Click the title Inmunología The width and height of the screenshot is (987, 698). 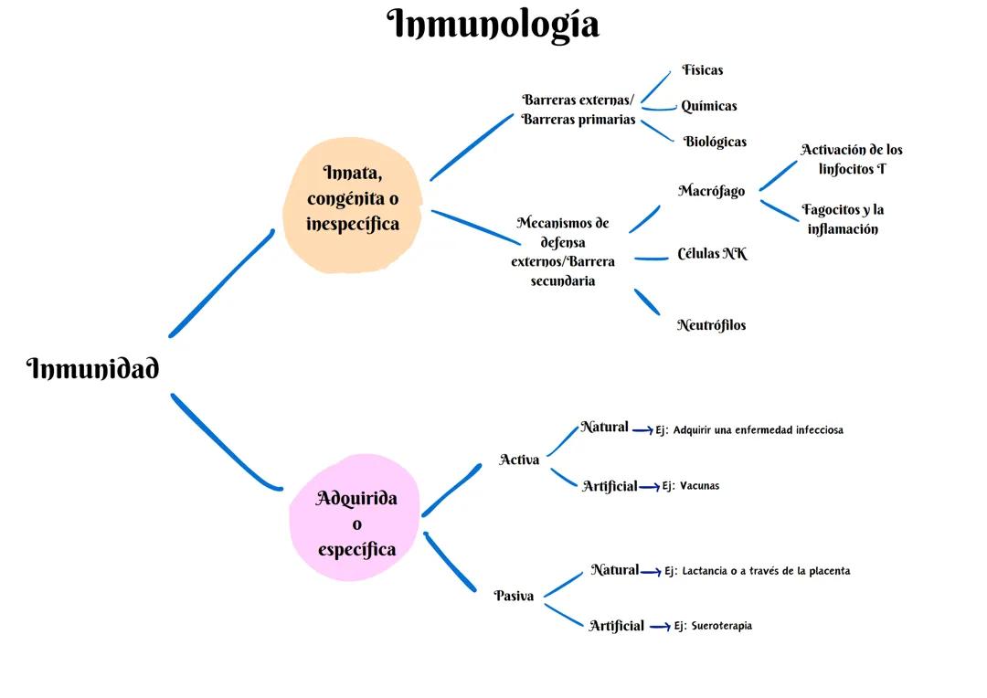pos(493,25)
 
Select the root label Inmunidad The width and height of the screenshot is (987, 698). pos(93,369)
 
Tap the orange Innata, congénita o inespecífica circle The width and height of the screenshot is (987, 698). pos(353,205)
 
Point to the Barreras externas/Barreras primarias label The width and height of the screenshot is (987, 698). pos(578,110)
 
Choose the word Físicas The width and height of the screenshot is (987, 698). pos(702,70)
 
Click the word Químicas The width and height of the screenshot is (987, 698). pos(708,106)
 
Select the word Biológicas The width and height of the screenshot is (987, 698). pos(715,142)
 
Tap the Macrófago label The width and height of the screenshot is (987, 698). pos(711,191)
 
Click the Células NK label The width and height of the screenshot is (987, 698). pos(712,254)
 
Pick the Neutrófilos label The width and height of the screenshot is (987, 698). pos(711,325)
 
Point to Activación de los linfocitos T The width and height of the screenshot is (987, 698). pos(852,159)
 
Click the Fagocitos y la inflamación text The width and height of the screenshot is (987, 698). pos(843,219)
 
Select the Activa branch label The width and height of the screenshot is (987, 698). pos(519,460)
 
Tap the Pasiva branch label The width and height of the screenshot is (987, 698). pos(514,596)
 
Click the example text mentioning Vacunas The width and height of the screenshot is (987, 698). pos(691,486)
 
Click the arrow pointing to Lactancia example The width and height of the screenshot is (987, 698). pos(651,572)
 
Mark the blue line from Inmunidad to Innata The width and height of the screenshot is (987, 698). pos(221,283)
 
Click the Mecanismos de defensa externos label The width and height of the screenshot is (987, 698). pos(563,251)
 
